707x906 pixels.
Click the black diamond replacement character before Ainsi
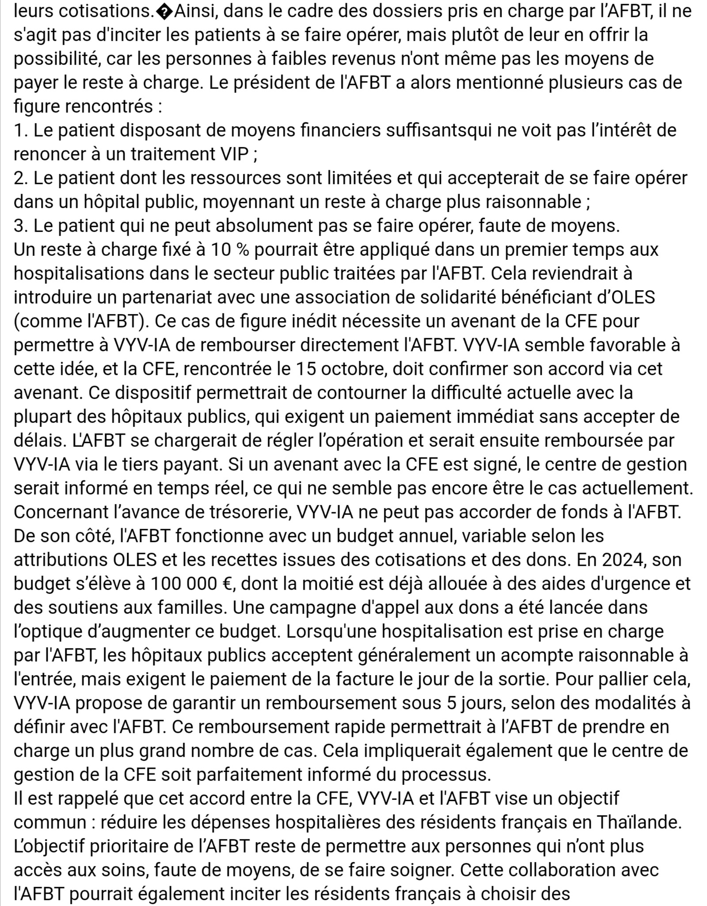(x=169, y=11)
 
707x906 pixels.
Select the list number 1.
(x=19, y=130)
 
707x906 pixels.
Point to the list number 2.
(x=20, y=178)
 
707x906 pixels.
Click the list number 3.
(x=20, y=226)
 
